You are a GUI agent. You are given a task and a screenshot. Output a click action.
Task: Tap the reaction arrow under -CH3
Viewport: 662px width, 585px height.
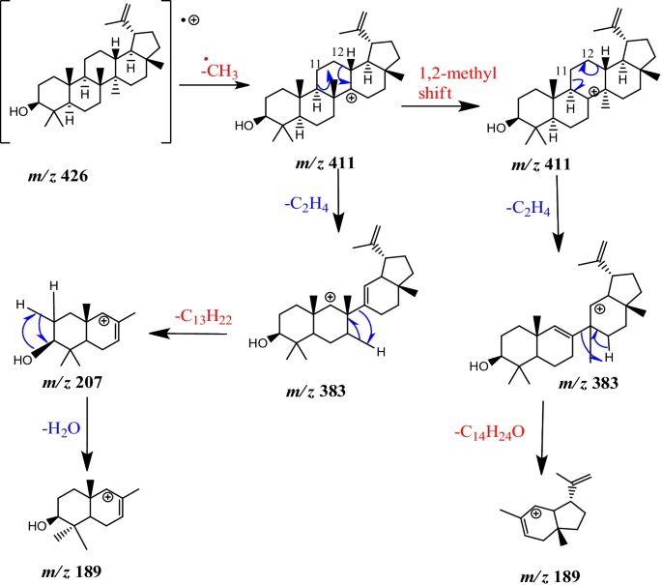point(208,87)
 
